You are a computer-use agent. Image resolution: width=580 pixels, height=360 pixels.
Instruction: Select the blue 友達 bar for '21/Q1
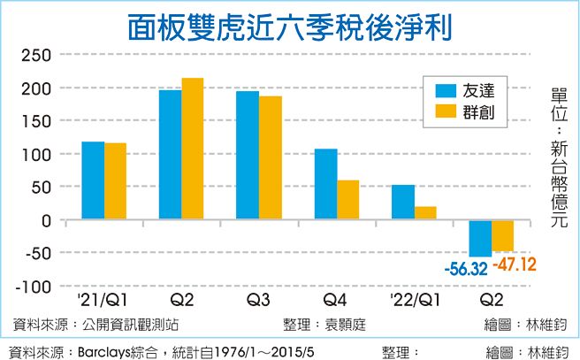(x=93, y=180)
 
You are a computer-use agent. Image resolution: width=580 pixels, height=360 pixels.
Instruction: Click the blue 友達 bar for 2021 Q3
(x=248, y=155)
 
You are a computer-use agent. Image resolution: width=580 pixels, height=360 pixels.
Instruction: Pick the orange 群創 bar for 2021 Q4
(x=348, y=200)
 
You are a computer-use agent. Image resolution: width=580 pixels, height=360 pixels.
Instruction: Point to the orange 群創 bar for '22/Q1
(x=425, y=213)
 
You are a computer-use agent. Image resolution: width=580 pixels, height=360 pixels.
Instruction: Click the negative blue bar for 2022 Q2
(x=480, y=238)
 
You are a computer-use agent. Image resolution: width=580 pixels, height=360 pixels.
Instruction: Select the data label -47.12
(x=515, y=264)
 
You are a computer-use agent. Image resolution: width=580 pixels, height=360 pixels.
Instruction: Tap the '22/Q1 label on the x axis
(x=413, y=300)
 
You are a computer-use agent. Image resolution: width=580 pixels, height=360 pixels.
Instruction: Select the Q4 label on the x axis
(x=337, y=300)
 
